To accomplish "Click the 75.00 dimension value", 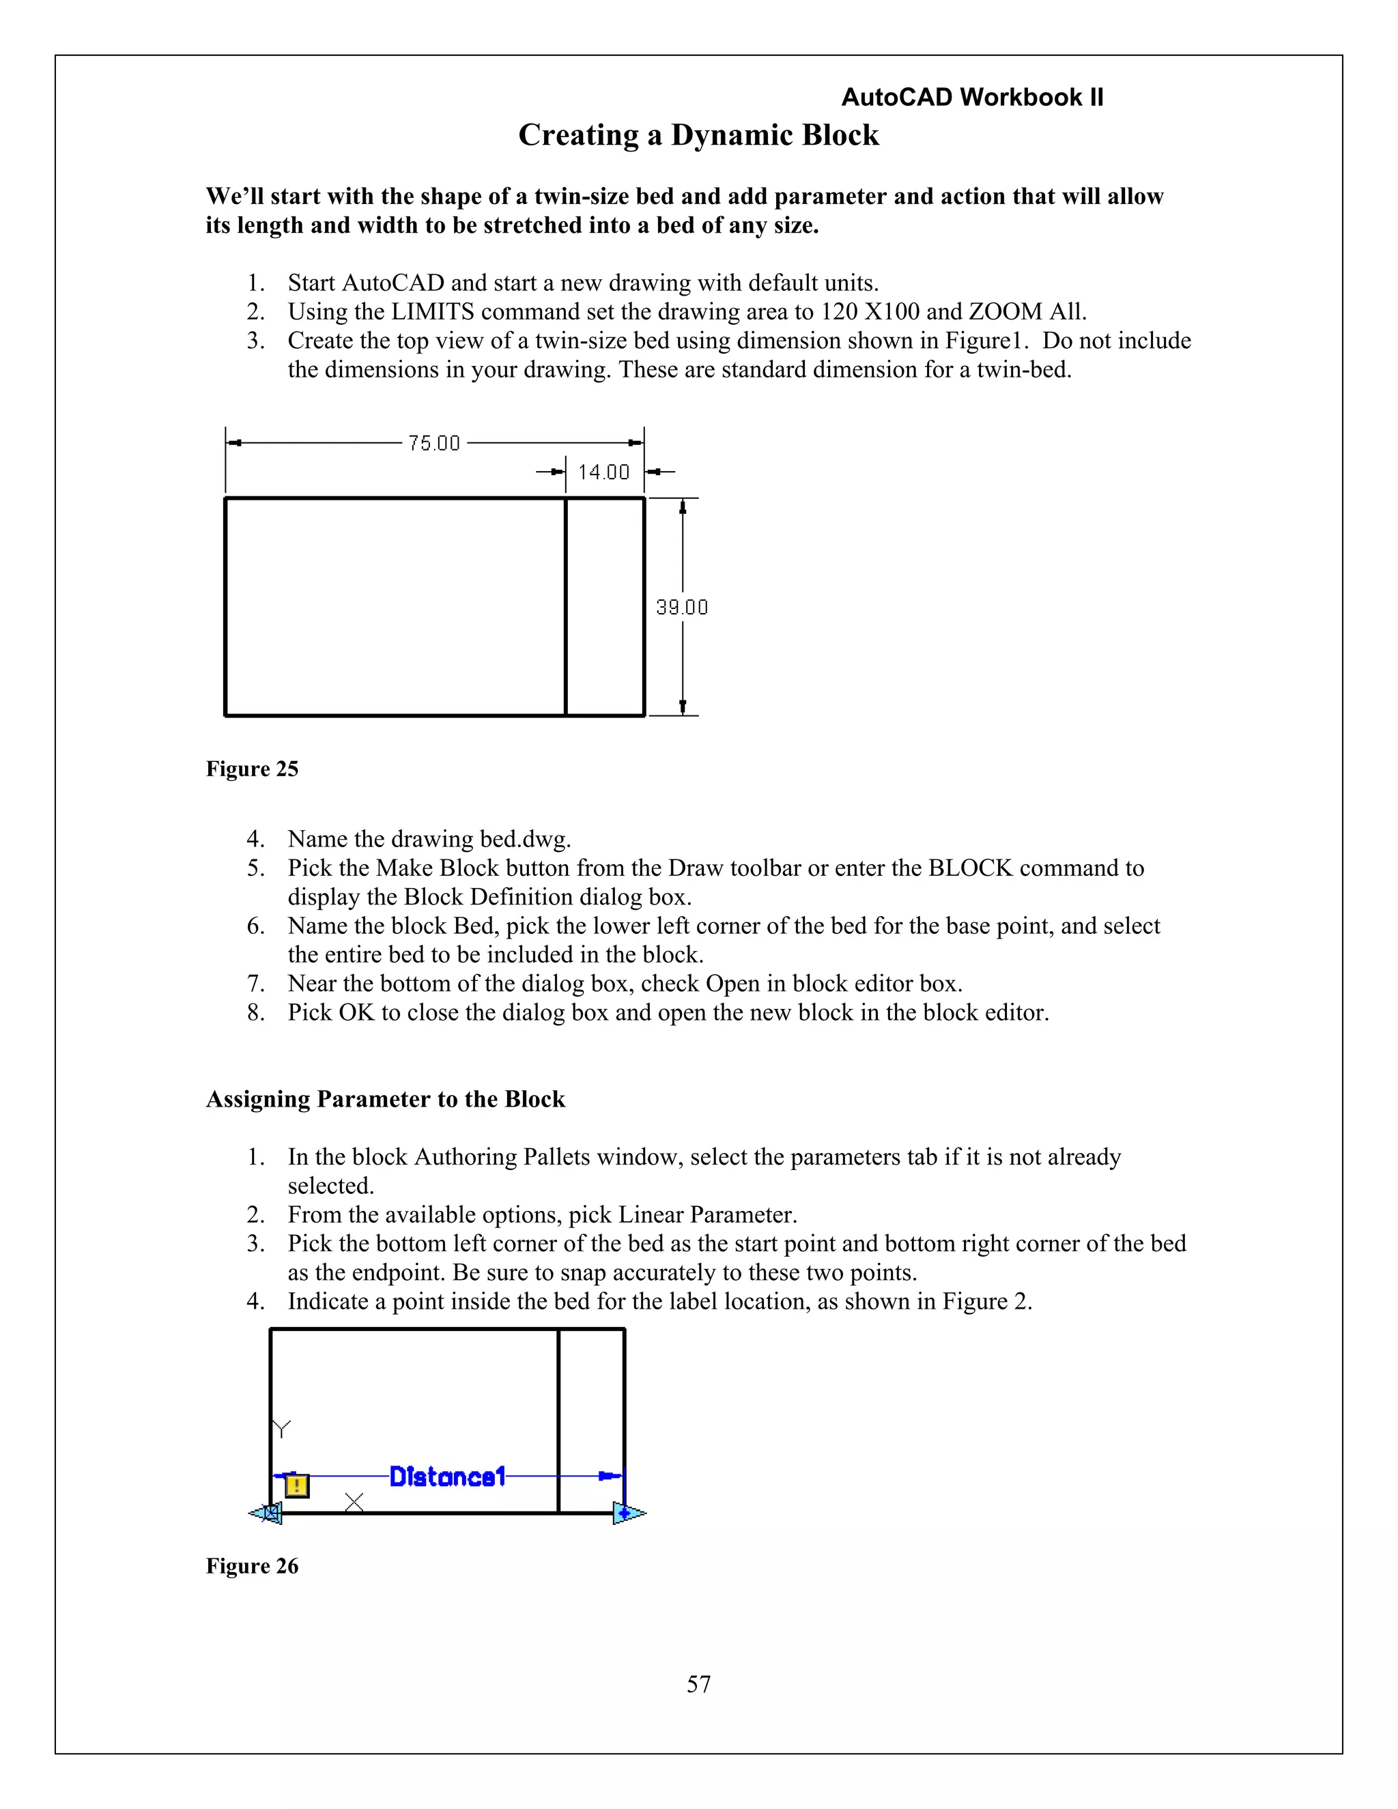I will [x=434, y=443].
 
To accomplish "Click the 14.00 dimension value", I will [x=603, y=472].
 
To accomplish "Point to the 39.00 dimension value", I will [x=682, y=607].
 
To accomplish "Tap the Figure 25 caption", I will [x=252, y=769].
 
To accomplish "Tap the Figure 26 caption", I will [x=252, y=1565].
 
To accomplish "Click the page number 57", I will [x=698, y=1684].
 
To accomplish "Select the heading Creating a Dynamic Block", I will [x=698, y=135].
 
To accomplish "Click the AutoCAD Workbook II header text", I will [x=971, y=98].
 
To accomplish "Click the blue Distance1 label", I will [x=447, y=1476].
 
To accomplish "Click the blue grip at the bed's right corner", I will [x=627, y=1513].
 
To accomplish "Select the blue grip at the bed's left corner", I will [x=268, y=1513].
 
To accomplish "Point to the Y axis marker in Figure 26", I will [x=283, y=1428].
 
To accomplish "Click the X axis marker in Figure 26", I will [x=354, y=1502].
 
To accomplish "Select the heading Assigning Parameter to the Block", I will [x=385, y=1099].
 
